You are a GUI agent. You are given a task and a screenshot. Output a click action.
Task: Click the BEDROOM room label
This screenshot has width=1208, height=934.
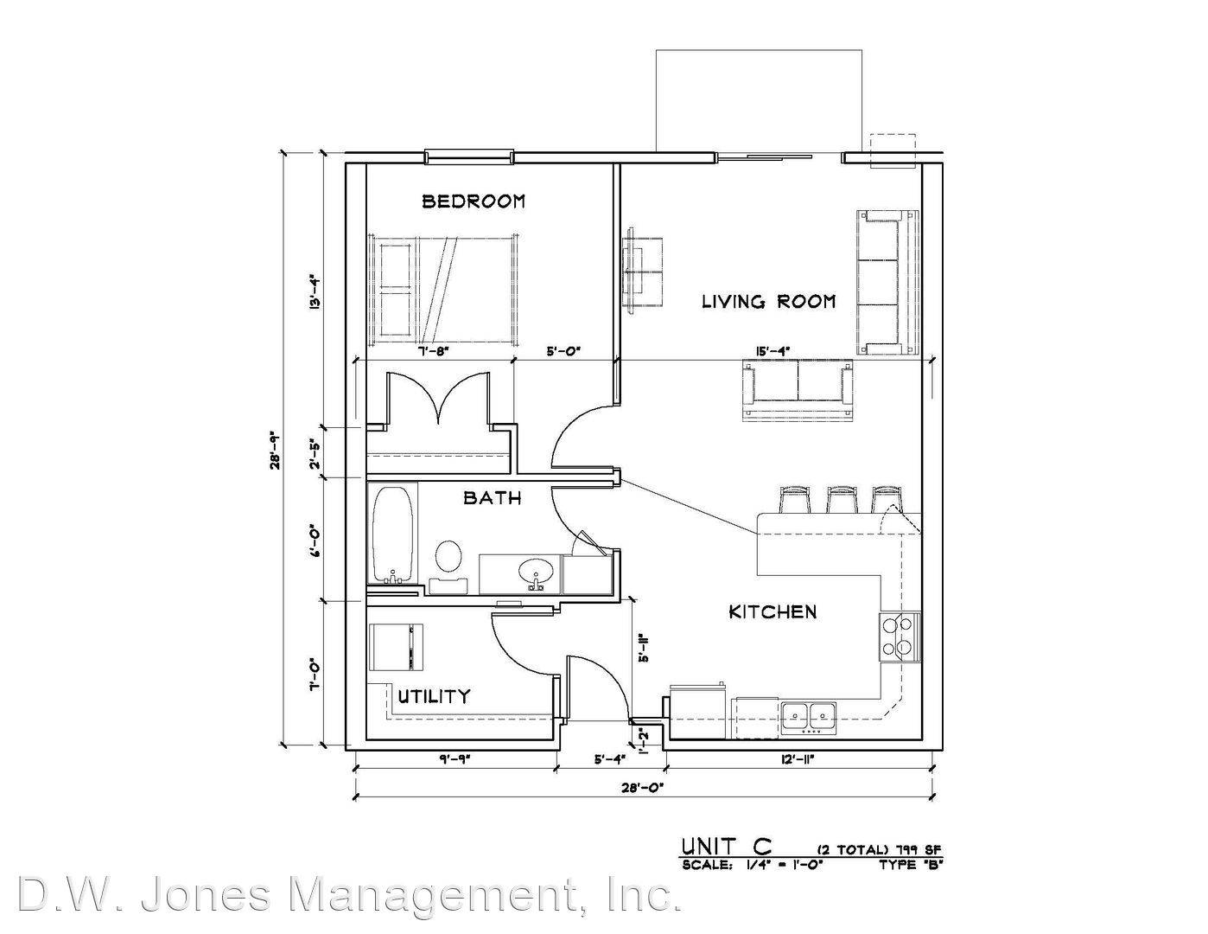(x=473, y=201)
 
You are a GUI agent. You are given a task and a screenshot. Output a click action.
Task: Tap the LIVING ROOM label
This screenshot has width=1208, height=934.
(x=769, y=302)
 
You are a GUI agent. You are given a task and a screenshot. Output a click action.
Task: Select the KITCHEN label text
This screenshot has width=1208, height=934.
(x=772, y=612)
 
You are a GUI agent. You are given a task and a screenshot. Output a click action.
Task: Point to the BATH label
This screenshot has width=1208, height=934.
(x=492, y=498)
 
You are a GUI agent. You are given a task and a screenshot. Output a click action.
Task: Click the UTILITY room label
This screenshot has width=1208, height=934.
(x=434, y=696)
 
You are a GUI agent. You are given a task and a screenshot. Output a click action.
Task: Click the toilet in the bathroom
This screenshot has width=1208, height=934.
(x=448, y=565)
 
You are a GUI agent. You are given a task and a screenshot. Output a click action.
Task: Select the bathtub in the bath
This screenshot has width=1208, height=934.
(x=392, y=535)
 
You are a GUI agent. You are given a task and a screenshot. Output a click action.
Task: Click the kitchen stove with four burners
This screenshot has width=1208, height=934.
(x=900, y=637)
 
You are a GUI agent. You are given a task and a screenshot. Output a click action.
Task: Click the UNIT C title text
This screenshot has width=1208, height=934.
(x=727, y=847)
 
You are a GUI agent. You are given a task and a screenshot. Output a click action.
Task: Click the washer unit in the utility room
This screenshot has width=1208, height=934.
(x=397, y=647)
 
